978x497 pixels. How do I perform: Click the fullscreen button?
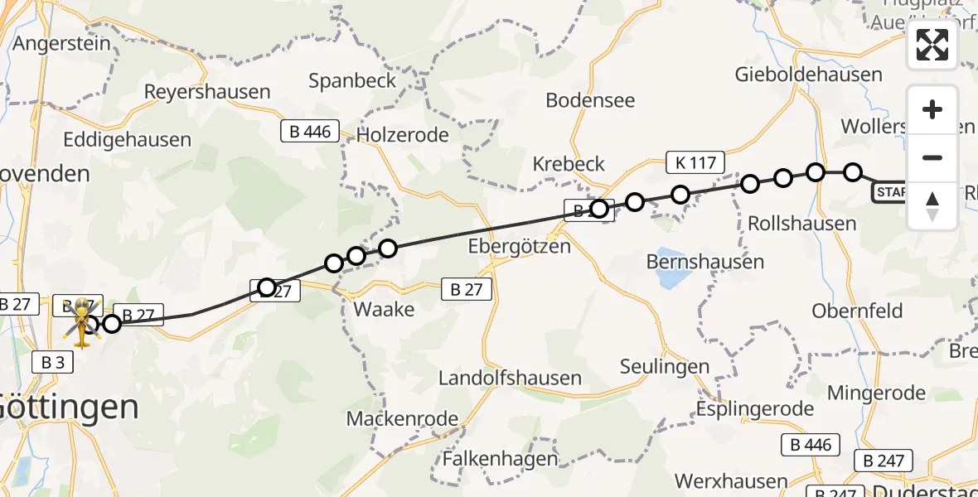pos(932,45)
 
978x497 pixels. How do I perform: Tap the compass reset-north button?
pos(932,205)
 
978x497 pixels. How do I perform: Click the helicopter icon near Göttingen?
pos(84,321)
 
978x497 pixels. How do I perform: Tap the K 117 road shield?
pos(695,162)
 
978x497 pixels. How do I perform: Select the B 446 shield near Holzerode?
pos(310,131)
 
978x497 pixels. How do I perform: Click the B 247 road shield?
pos(883,461)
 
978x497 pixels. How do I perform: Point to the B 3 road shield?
pos(52,362)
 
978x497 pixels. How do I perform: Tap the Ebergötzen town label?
pos(519,246)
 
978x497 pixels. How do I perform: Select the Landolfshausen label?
pos(510,378)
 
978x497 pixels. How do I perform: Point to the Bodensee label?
pos(590,100)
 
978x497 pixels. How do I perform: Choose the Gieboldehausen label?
pos(808,75)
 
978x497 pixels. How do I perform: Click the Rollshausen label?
pos(801,224)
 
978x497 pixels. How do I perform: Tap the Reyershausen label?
pos(207,91)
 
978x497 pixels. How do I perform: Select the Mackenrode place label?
pos(402,418)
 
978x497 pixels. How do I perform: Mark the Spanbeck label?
pos(348,80)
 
